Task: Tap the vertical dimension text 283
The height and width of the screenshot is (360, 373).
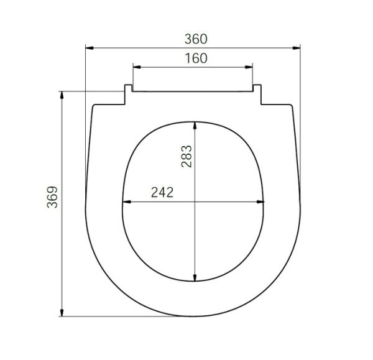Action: point(186,157)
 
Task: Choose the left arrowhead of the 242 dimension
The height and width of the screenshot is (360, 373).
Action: point(126,201)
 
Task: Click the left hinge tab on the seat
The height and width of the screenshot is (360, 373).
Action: point(128,95)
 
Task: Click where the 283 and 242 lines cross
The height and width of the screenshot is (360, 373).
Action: point(196,201)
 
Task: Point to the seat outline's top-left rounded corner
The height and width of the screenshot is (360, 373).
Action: point(95,106)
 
